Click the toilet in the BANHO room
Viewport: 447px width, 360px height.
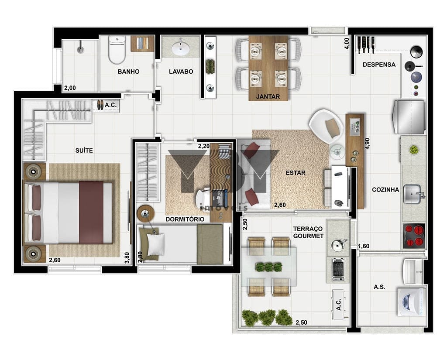tap(117, 50)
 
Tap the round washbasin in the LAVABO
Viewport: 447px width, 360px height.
tap(180, 48)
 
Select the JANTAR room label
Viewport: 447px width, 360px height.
tap(268, 96)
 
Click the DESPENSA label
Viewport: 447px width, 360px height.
tap(379, 65)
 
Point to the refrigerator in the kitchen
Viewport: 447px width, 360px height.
tap(409, 117)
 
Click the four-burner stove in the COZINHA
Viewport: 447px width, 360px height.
tap(414, 236)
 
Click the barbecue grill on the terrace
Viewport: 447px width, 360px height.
tap(339, 269)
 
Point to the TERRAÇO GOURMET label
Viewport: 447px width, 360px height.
tap(308, 232)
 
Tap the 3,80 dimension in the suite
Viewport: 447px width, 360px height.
tap(127, 258)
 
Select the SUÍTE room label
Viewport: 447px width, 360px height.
tap(84, 151)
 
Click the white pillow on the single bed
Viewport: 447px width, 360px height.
tap(156, 244)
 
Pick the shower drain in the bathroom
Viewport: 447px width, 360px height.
tap(81, 50)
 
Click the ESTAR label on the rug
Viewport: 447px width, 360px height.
tap(296, 173)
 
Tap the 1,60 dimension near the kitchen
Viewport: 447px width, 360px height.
tap(364, 246)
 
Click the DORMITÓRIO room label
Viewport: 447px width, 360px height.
tap(185, 219)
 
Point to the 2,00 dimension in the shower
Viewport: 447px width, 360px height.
tap(70, 88)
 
